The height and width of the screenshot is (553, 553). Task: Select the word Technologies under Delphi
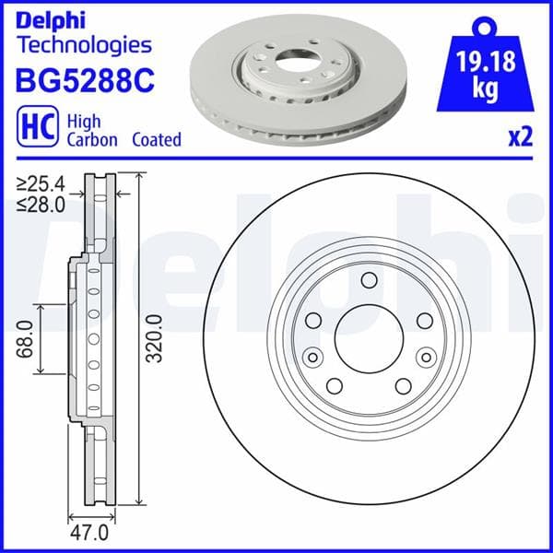84,44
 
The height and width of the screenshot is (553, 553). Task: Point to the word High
85,121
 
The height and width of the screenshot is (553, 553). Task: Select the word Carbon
93,140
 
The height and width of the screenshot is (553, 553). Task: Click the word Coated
156,140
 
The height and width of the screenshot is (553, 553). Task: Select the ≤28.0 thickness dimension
41,206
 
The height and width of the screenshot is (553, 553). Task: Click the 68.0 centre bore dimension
27,340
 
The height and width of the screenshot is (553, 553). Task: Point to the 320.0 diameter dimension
154,338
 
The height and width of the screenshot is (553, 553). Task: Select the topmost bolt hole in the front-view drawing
368,281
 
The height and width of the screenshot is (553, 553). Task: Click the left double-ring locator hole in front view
312,358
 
